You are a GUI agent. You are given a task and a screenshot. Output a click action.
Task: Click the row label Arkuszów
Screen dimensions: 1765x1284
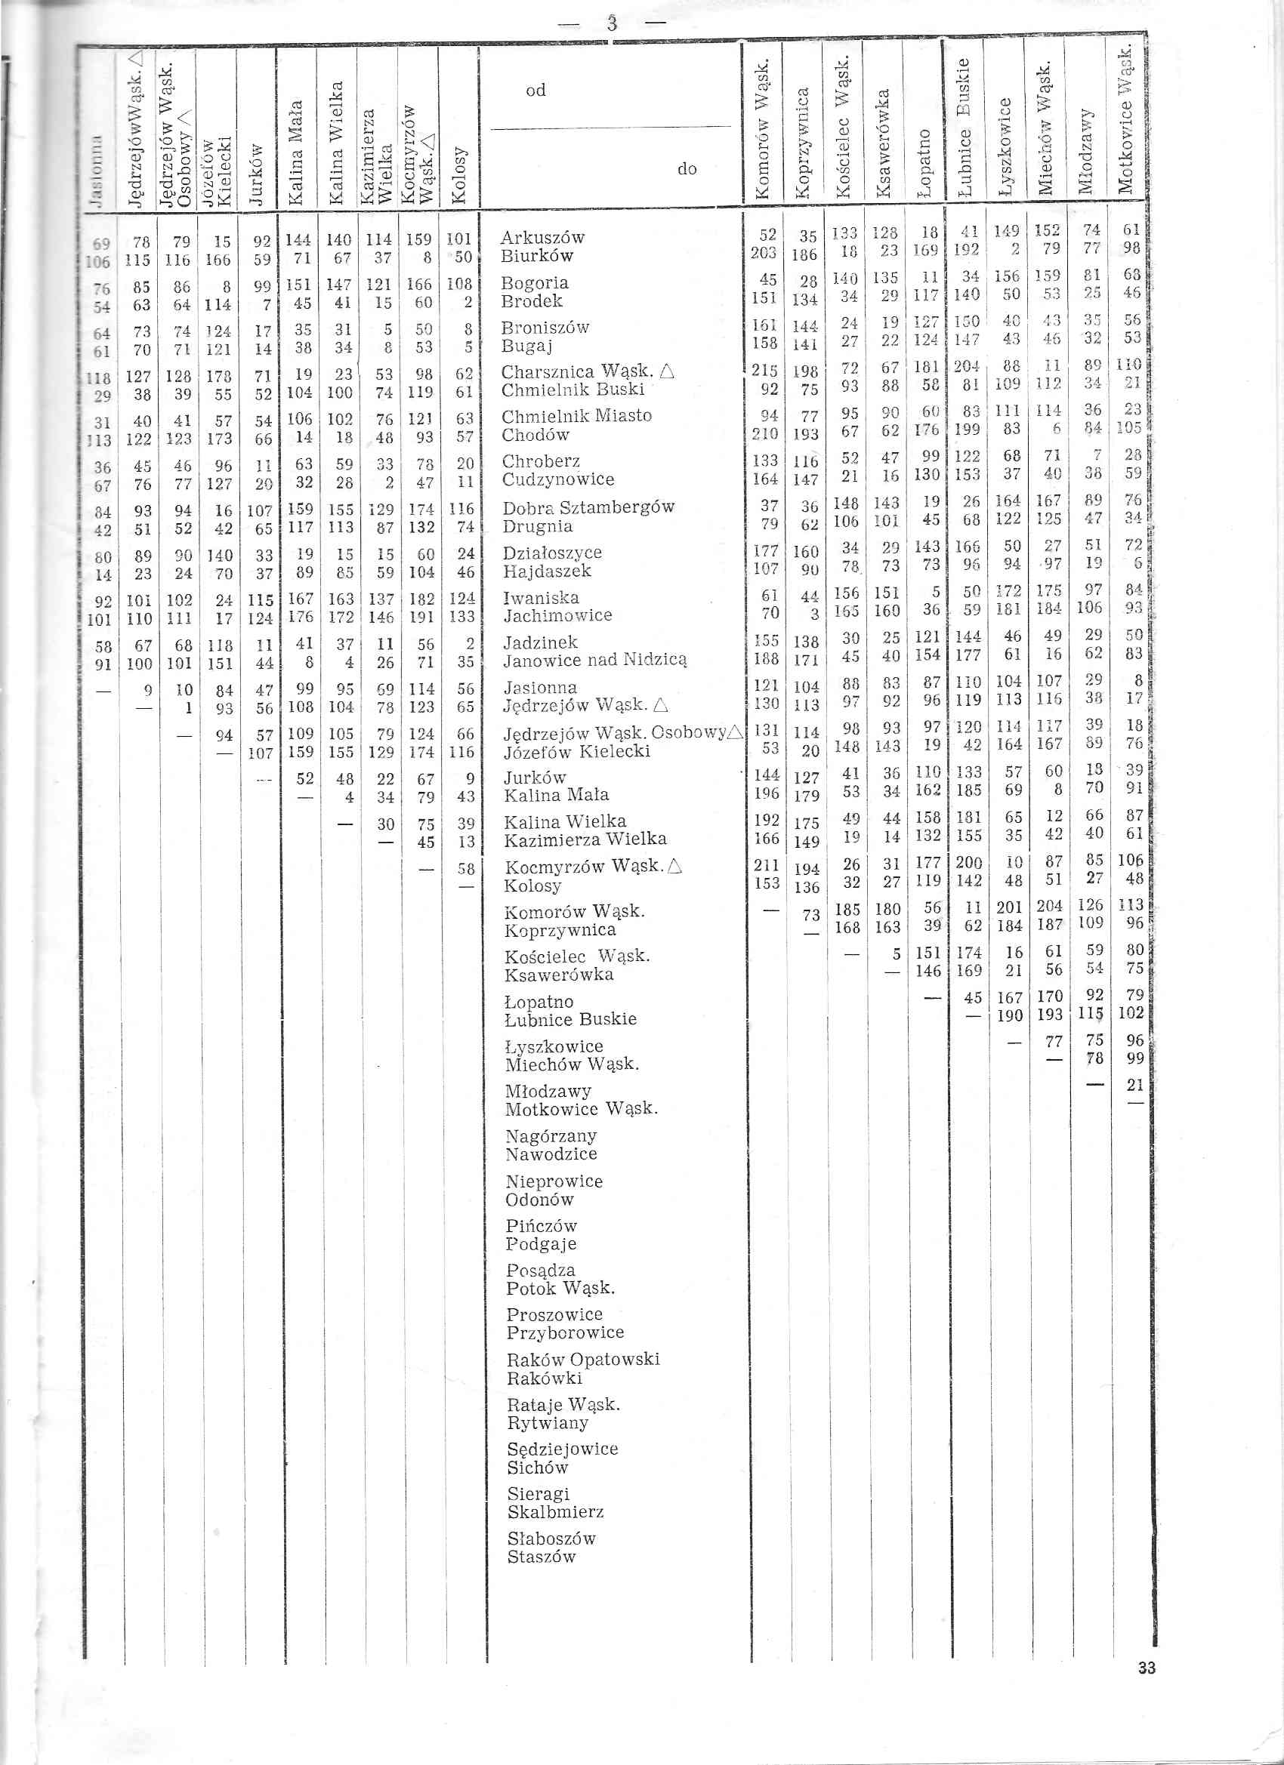point(542,237)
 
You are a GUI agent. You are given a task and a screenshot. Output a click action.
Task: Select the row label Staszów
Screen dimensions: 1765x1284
point(541,1557)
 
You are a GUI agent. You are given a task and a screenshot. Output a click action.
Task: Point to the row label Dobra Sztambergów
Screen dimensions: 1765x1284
point(588,507)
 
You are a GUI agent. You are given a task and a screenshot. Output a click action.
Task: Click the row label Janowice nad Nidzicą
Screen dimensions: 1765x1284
point(595,661)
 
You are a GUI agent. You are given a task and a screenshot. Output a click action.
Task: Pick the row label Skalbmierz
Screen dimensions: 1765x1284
point(555,1512)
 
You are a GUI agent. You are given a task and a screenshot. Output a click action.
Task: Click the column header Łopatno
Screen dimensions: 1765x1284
point(924,162)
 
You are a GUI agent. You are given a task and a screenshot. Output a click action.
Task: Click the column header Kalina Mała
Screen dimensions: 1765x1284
point(296,152)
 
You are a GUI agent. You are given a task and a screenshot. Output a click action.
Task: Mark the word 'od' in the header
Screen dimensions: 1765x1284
point(536,91)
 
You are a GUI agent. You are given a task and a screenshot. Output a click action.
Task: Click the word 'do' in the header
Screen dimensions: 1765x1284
point(687,169)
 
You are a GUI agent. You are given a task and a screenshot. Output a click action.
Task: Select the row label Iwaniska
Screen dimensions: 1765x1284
point(540,598)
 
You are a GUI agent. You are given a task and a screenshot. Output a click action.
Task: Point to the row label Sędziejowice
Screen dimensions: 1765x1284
point(562,1448)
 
